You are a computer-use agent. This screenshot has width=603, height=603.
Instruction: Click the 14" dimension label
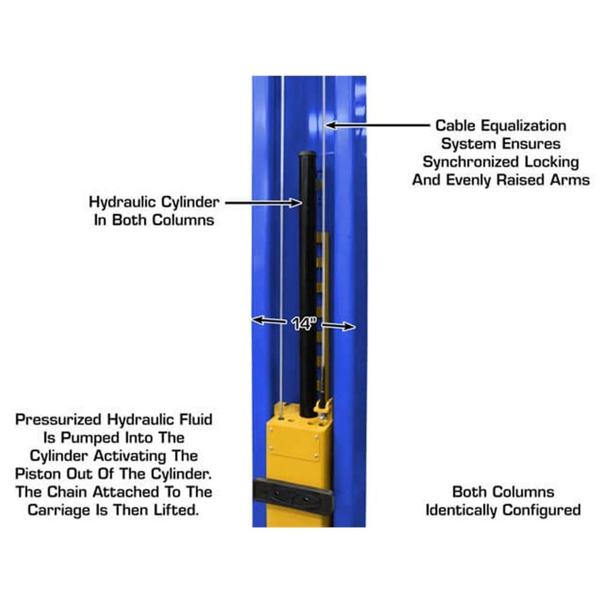[304, 323]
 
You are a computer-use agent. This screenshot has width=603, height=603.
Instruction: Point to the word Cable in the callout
[455, 126]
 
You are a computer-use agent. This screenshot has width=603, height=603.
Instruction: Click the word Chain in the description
[68, 492]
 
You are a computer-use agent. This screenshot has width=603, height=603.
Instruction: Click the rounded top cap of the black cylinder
[307, 155]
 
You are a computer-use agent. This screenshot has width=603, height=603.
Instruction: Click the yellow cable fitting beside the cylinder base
[325, 407]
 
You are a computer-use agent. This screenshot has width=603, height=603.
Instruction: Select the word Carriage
[60, 510]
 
